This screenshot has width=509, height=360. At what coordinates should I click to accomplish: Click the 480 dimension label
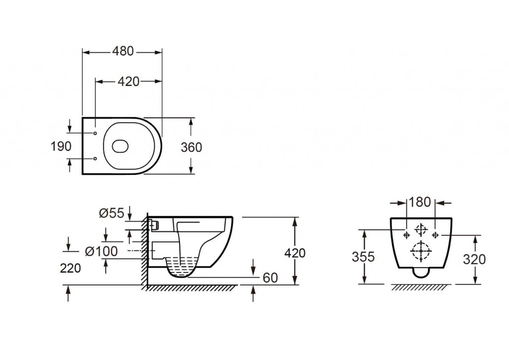tap(123, 51)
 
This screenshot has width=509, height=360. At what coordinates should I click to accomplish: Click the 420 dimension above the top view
tap(128, 82)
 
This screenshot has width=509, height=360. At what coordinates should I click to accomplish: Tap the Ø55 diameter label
tap(111, 213)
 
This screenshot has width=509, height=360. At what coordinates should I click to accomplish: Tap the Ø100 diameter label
tap(101, 252)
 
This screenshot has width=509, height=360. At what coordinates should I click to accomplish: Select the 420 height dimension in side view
tap(295, 253)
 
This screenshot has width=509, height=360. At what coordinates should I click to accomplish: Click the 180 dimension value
tap(421, 202)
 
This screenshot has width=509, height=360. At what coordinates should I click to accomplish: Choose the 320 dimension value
tap(475, 259)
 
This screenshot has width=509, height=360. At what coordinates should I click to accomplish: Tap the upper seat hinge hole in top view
tap(94, 134)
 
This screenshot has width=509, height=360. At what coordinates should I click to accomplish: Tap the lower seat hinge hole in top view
tap(94, 159)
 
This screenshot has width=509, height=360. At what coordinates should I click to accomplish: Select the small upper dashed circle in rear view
tap(421, 229)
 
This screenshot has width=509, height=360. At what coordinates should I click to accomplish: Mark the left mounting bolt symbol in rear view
tap(407, 234)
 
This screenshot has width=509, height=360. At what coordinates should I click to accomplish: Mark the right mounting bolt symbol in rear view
tap(435, 234)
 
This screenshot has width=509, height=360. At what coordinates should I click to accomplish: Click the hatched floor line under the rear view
tap(421, 287)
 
